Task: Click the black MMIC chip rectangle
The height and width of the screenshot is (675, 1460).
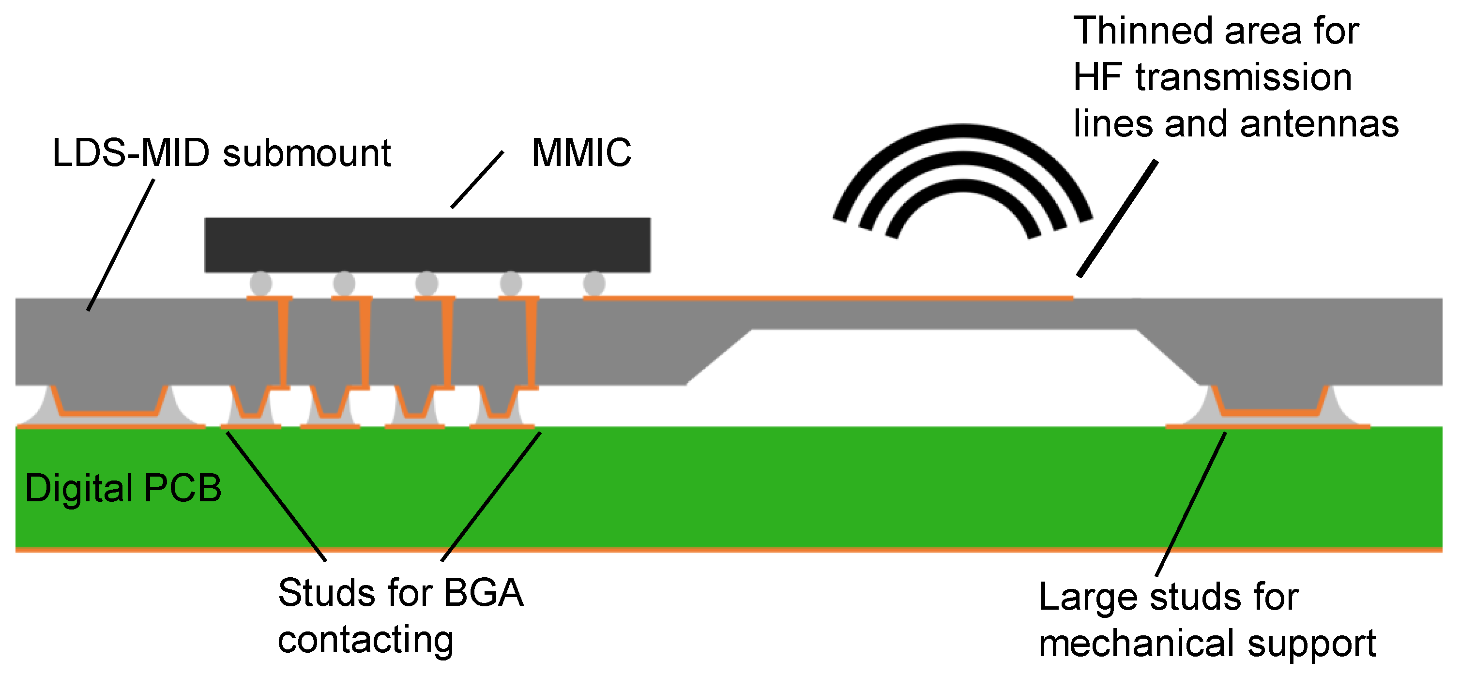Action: coord(427,245)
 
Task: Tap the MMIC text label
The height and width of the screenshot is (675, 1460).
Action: coord(581,153)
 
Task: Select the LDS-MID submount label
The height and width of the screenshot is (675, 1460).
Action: coord(222,153)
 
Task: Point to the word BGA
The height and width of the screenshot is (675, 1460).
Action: coord(484,593)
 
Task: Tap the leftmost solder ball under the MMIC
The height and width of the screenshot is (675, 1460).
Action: coord(261,283)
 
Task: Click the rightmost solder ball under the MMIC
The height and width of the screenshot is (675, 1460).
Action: coord(594,283)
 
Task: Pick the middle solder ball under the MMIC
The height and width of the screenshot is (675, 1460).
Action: coord(427,283)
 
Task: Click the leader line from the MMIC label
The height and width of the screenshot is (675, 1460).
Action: coord(477,179)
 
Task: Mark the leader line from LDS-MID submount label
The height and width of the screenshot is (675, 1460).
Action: coord(121,245)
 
